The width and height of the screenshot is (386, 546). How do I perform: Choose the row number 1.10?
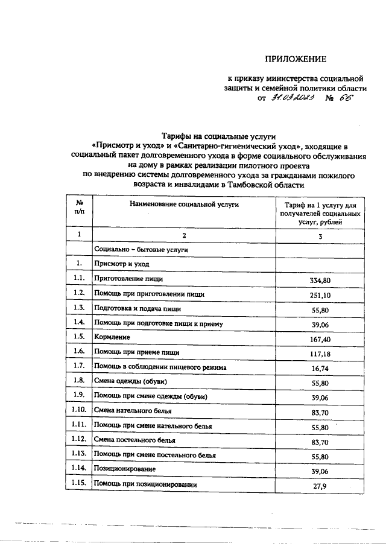point(79,410)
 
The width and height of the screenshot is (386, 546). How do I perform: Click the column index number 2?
point(185,234)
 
